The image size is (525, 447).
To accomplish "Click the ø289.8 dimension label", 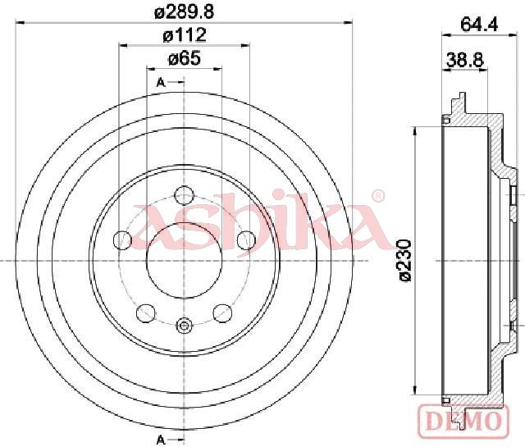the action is pyautogui.click(x=184, y=12).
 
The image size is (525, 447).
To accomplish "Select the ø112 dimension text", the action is pyautogui.click(x=185, y=35).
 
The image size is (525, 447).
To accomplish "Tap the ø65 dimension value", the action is pyautogui.click(x=185, y=58).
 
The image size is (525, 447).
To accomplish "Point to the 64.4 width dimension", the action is pyautogui.click(x=479, y=24).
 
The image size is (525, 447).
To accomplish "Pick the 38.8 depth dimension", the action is pyautogui.click(x=465, y=61).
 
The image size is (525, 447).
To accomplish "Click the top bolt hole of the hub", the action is pyautogui.click(x=185, y=195).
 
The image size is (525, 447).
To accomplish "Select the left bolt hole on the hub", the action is pyautogui.click(x=122, y=239).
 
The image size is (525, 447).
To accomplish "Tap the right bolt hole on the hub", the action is pyautogui.click(x=246, y=239).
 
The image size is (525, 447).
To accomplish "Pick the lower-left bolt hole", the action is pyautogui.click(x=146, y=313).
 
